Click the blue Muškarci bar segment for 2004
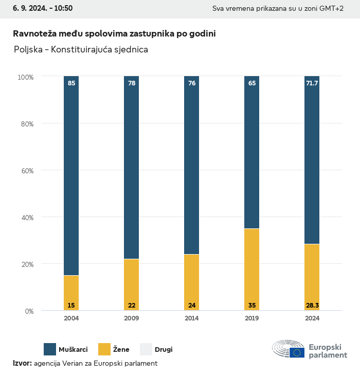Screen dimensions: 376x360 coord(71,175)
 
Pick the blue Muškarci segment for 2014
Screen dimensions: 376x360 coord(192,165)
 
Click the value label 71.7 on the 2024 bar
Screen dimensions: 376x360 coord(312,83)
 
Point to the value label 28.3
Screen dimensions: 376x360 coord(312,306)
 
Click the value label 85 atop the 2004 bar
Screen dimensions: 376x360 coord(71,83)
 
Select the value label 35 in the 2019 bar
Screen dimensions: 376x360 coord(252,306)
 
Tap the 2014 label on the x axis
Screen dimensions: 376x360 coord(192,318)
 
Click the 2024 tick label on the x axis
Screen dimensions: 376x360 coord(312,318)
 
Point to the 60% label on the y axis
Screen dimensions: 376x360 coord(26,170)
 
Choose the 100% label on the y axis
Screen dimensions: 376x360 coord(25,77)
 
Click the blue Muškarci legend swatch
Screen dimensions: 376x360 coord(50,349)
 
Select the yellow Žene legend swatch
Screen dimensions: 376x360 coord(104,349)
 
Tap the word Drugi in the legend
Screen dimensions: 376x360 coord(164,350)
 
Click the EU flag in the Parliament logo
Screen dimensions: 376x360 coord(297,352)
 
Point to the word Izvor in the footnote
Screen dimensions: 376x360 coord(22,363)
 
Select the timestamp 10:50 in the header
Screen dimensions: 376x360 coord(63,8)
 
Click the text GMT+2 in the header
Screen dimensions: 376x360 coord(331,9)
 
